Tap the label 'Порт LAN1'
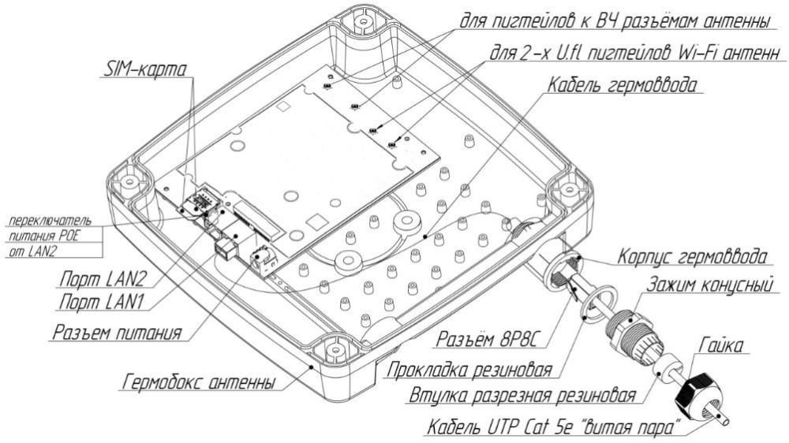point(103,302)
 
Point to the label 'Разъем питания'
point(117,333)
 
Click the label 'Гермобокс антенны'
point(200,382)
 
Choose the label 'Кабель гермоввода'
point(623,84)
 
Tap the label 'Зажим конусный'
point(709,285)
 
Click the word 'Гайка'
point(721,345)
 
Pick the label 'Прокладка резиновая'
point(469,370)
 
